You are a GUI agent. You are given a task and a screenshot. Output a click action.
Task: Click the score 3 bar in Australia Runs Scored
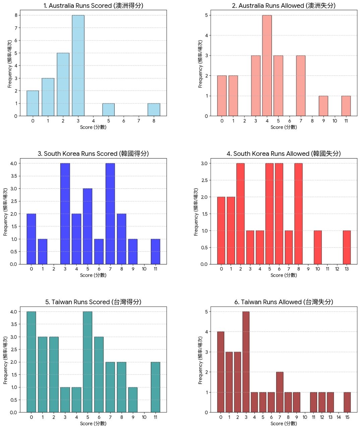[78, 66]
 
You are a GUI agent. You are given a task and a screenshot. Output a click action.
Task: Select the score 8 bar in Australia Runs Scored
[154, 110]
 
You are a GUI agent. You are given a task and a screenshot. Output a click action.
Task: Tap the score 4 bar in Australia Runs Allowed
[267, 66]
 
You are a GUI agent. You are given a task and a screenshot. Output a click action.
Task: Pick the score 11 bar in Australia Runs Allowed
[346, 106]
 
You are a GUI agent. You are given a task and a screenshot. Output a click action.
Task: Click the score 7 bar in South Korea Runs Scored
[110, 214]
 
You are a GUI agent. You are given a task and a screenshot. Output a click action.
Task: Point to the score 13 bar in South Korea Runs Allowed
[347, 247]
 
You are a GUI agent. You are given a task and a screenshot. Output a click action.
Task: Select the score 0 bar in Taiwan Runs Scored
[31, 362]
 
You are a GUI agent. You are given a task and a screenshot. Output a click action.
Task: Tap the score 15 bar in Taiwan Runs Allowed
[347, 402]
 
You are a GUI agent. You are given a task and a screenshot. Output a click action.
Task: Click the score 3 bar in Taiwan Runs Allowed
[246, 362]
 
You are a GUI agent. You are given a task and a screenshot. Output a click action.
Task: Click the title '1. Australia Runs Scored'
[93, 6]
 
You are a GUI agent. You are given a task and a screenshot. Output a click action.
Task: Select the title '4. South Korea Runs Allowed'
[284, 154]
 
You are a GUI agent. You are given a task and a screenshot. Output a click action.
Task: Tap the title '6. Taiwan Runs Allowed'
[284, 302]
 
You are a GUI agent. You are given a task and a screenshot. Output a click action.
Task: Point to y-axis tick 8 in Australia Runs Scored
[16, 15]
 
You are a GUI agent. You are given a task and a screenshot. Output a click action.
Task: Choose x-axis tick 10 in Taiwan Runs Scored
[144, 417]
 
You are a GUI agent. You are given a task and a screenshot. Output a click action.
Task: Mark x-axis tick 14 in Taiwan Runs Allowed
[339, 417]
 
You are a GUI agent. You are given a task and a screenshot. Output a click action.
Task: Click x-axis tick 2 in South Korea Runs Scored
[54, 269]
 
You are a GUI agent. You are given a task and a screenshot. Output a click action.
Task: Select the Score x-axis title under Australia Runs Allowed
[284, 127]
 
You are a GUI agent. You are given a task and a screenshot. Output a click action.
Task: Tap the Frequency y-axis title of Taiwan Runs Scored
[6, 360]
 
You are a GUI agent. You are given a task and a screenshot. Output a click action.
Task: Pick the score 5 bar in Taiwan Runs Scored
[87, 362]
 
